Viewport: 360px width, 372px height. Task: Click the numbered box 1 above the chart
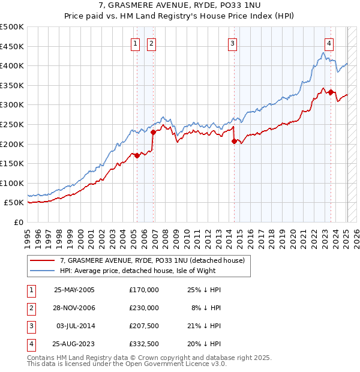[x=136, y=43]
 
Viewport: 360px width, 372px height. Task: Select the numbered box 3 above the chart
[x=232, y=43]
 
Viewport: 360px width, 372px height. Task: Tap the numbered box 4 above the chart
[x=329, y=43]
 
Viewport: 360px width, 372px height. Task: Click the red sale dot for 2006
[x=154, y=132]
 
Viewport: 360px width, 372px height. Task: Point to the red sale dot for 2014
[x=233, y=141]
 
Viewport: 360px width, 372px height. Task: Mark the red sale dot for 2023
[x=331, y=92]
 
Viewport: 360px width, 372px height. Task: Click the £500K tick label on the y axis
[x=12, y=27]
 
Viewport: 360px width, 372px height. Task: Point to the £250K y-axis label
[x=12, y=124]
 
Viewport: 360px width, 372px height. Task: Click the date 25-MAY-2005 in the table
[x=74, y=290]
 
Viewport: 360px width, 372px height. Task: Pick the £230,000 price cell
[x=144, y=308]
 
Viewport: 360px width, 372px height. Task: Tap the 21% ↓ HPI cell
[x=204, y=326]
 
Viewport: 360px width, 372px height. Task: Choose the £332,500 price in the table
[x=144, y=344]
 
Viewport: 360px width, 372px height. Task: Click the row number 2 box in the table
[x=30, y=308]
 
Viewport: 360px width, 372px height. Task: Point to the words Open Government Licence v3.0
[x=184, y=364]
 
